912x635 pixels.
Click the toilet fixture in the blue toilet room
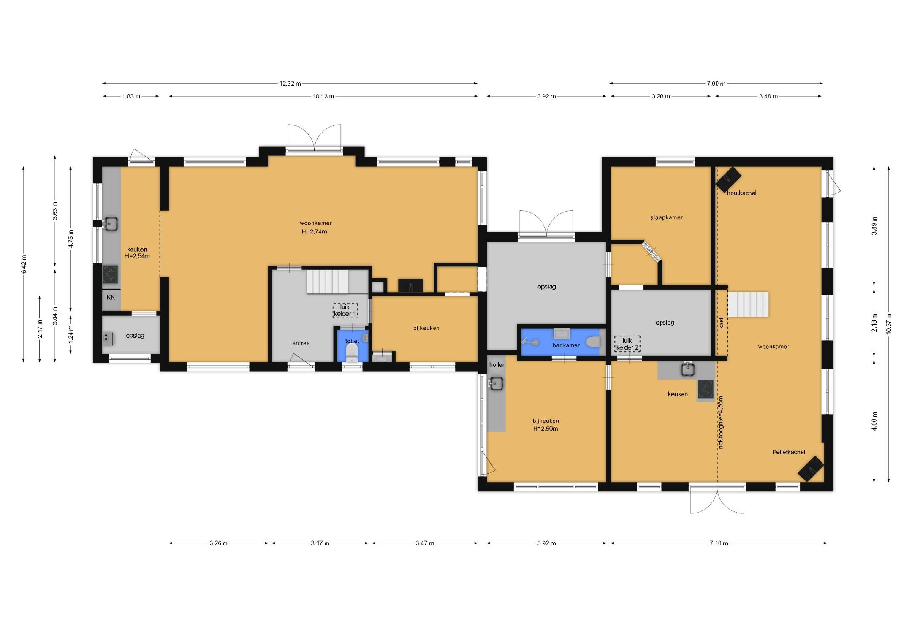352,352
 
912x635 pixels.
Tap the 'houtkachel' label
741,193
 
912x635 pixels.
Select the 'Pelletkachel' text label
789,452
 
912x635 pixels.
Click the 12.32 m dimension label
290,84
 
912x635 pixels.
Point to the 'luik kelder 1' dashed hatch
345,310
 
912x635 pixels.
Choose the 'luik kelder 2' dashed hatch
627,344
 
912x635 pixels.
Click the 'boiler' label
497,365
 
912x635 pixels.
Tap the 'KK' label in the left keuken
111,297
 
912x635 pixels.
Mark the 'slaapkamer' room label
666,217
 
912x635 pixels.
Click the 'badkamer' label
566,345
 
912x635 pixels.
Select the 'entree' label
301,343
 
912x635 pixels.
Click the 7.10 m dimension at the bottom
719,543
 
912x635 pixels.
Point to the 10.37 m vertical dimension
889,324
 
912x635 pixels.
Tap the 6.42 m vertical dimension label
24,264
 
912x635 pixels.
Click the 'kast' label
721,323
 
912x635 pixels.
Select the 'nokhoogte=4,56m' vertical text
720,422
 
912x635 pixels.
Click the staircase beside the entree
328,282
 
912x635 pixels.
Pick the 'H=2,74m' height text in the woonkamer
314,231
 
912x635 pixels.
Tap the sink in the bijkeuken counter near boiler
495,384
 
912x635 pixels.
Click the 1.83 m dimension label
131,96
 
